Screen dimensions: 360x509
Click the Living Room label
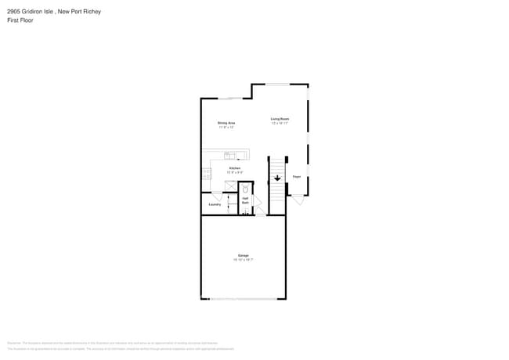click(x=280, y=119)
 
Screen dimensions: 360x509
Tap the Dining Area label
click(x=226, y=123)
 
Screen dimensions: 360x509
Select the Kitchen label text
click(x=235, y=168)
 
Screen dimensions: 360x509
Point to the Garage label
click(x=243, y=256)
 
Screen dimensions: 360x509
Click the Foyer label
click(x=297, y=177)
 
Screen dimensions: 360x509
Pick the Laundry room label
click(x=215, y=205)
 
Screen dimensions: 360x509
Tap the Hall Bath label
click(x=245, y=200)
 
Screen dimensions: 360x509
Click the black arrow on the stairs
click(x=277, y=178)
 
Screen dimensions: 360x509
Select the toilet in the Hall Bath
click(x=245, y=189)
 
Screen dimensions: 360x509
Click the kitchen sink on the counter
click(x=230, y=156)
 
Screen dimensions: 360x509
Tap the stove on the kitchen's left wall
click(x=208, y=173)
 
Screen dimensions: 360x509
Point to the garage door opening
click(x=243, y=298)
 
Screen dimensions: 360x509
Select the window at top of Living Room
click(x=277, y=85)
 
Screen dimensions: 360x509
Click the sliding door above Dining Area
click(x=229, y=99)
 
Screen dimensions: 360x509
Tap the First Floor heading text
click(x=20, y=20)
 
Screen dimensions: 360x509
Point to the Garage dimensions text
click(x=243, y=261)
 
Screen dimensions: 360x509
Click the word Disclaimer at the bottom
click(x=13, y=343)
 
